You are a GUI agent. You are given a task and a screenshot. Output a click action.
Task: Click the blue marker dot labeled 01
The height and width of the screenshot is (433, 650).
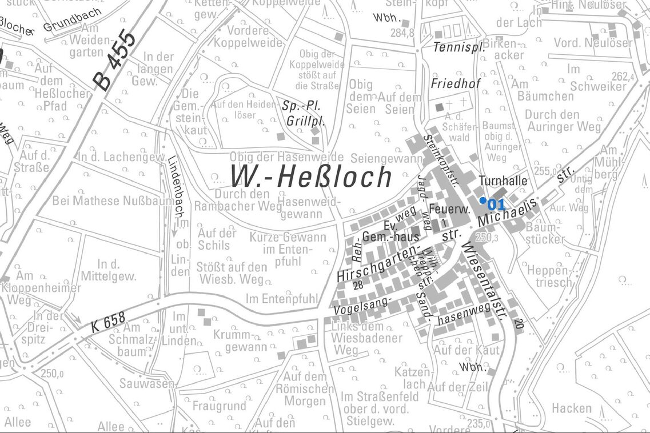click(x=483, y=200)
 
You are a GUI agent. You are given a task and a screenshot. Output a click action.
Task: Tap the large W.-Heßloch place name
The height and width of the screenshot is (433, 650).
click(x=311, y=177)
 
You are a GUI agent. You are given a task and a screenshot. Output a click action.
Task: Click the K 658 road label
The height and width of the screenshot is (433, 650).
click(x=107, y=326)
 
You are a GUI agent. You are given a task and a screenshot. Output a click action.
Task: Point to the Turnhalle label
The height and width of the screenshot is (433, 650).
click(x=503, y=181)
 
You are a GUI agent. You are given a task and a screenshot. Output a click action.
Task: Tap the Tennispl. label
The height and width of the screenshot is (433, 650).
click(x=458, y=47)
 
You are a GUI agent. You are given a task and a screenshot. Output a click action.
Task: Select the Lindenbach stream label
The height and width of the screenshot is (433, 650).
click(x=172, y=186)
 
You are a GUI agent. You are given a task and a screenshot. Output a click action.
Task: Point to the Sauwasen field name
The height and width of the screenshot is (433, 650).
click(x=146, y=384)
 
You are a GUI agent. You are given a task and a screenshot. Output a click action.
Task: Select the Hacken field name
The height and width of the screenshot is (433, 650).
click(x=572, y=408)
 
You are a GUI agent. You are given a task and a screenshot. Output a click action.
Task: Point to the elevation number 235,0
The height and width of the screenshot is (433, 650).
click(x=478, y=424)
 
